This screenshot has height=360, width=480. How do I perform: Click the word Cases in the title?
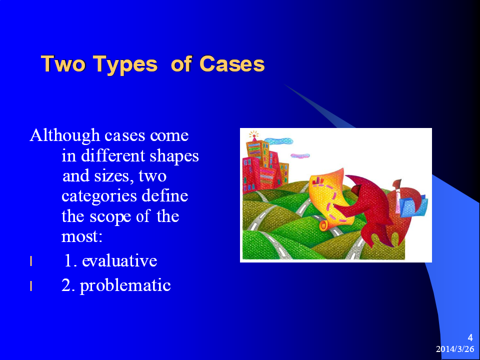[231, 64]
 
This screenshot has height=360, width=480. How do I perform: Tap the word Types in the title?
[125, 65]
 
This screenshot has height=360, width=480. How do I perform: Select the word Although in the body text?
[65, 135]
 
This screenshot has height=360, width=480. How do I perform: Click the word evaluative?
[119, 261]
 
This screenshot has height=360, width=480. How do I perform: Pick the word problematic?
[125, 286]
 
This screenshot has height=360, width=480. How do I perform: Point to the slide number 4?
[470, 338]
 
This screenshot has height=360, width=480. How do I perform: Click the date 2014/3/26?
[455, 349]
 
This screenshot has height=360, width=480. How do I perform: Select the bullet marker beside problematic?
[31, 286]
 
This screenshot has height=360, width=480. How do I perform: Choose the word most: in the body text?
[81, 237]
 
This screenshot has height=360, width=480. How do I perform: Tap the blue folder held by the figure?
[414, 205]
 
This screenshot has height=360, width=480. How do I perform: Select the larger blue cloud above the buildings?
[278, 141]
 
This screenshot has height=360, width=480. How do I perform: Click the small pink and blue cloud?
[300, 156]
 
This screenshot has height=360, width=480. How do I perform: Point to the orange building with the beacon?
[258, 159]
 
